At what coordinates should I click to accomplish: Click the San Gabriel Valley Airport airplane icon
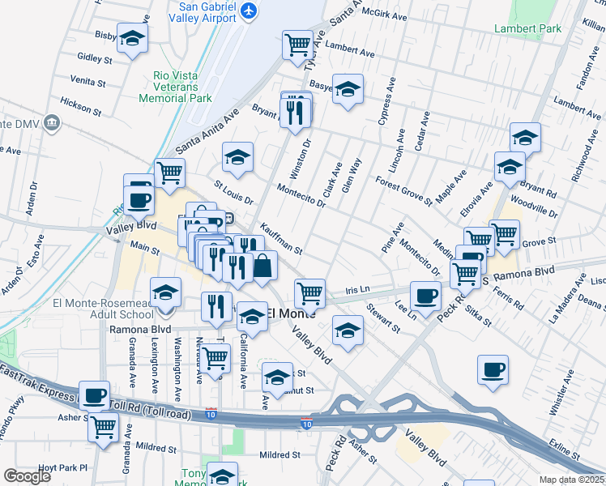click(x=249, y=11)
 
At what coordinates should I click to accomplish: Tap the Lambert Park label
click(x=528, y=28)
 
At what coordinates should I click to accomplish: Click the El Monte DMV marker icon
click(x=53, y=122)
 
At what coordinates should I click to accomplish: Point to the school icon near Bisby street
click(x=131, y=37)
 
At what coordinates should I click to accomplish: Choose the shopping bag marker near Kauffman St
click(x=263, y=265)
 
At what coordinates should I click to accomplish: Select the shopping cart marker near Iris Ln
click(x=309, y=292)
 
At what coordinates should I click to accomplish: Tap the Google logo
click(x=27, y=476)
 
